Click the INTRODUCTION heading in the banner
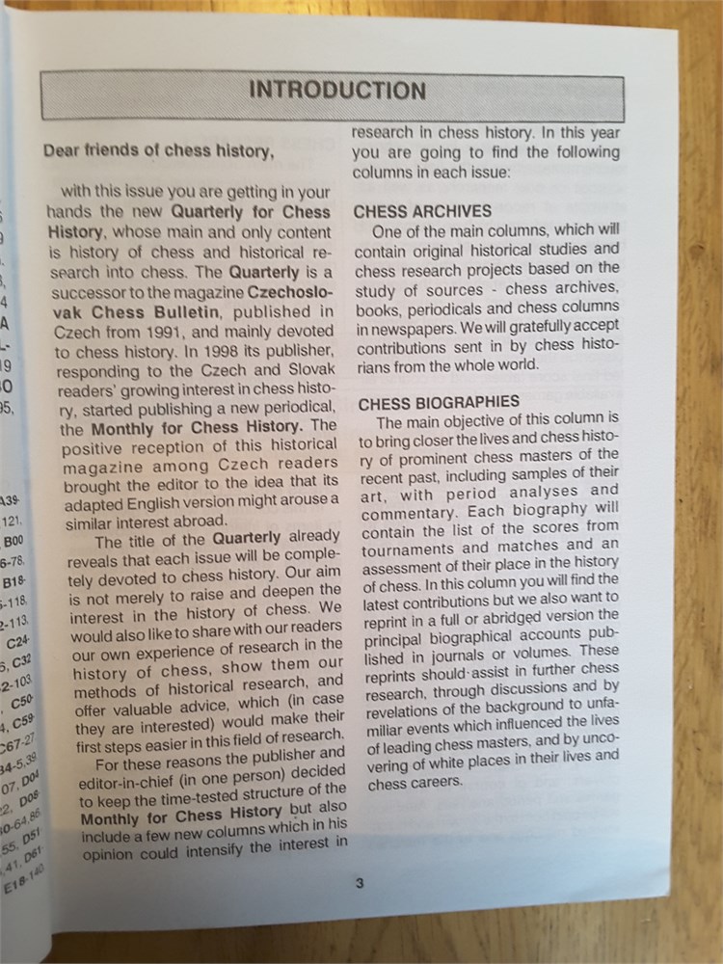click(336, 92)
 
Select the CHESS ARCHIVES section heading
click(422, 211)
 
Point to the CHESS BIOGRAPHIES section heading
click(439, 403)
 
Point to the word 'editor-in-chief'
click(134, 781)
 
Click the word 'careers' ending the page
click(442, 782)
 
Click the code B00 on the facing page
click(14, 541)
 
